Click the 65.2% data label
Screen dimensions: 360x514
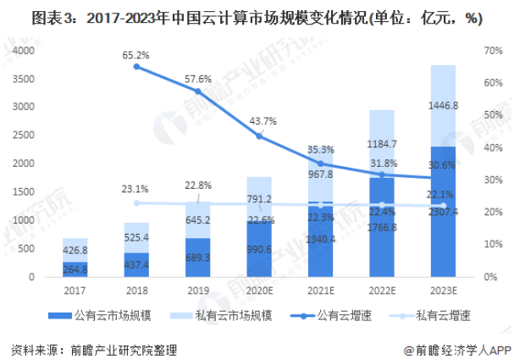click(x=135, y=55)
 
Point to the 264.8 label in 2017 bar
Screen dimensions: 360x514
click(x=75, y=269)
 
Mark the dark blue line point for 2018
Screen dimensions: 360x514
click(x=136, y=66)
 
